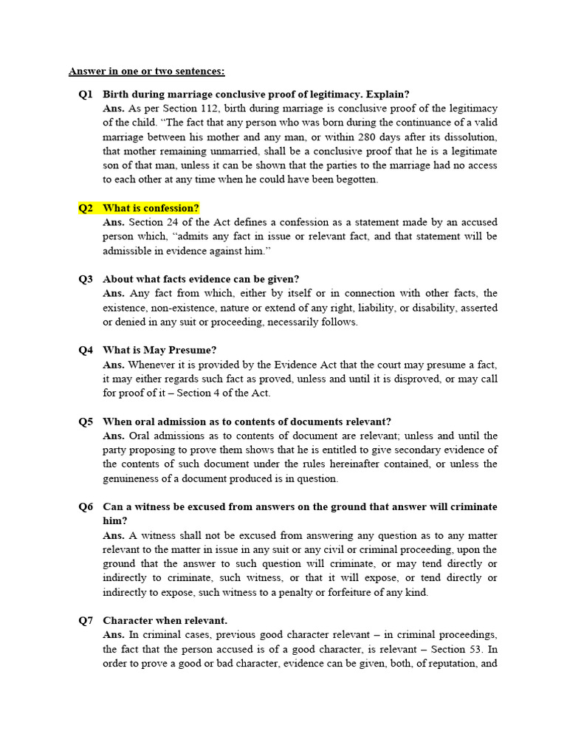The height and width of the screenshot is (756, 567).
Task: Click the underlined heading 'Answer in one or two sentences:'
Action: (147, 71)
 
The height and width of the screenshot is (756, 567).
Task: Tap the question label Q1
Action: (86, 94)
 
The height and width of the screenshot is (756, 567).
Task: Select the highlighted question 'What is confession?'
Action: (151, 208)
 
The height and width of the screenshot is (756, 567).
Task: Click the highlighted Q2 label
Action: (86, 208)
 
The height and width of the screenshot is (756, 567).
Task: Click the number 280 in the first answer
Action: (368, 137)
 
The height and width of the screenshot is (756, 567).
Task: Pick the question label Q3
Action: (86, 279)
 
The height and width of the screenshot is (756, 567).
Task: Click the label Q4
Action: (86, 350)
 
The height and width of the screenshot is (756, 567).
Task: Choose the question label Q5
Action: (86, 422)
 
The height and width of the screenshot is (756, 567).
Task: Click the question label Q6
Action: (86, 507)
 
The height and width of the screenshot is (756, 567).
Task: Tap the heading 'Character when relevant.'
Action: (165, 621)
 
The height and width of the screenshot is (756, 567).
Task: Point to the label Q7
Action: (86, 621)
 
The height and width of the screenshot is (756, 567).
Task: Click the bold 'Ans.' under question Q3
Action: (114, 293)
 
